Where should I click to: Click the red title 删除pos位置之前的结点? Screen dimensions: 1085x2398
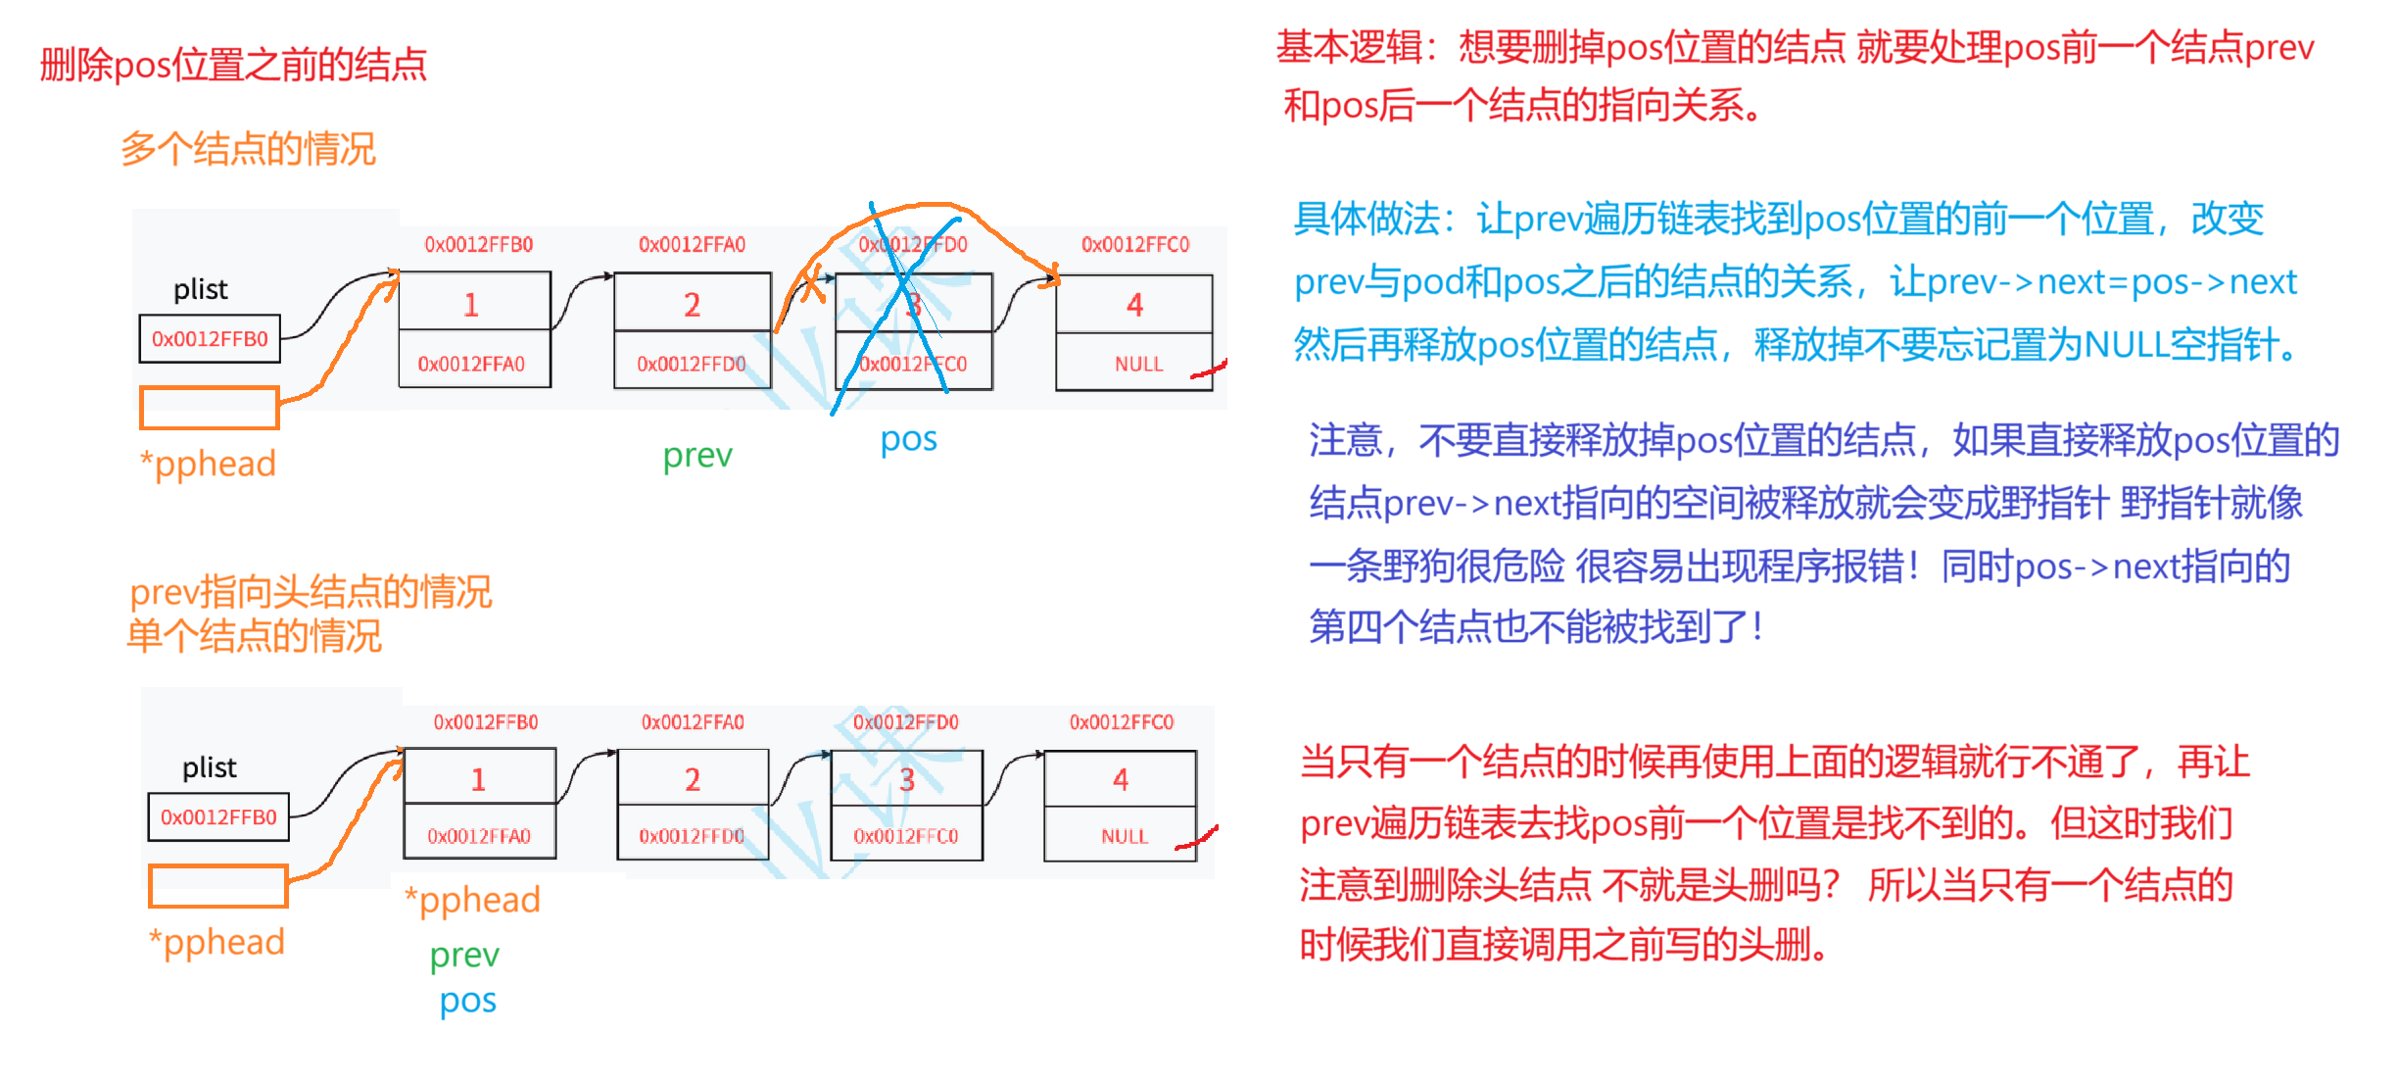(x=233, y=65)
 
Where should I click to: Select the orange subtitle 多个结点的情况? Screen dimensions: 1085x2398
(x=248, y=149)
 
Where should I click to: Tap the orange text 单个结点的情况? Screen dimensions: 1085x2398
(x=254, y=636)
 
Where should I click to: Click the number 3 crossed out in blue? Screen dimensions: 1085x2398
(x=913, y=305)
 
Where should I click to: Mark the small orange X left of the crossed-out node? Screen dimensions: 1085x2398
(x=812, y=287)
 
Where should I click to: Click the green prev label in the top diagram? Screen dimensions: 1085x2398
(x=697, y=456)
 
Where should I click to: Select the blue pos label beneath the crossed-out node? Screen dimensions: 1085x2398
(x=909, y=440)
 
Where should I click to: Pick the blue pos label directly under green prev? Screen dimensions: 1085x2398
(x=468, y=1002)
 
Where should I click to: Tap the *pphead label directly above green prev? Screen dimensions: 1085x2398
(x=473, y=900)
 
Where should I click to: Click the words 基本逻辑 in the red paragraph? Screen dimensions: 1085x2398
(x=1350, y=47)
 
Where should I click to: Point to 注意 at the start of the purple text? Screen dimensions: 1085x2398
(x=1345, y=441)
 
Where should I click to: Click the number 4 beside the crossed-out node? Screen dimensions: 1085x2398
(x=1134, y=305)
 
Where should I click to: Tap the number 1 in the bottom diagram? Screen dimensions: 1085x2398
(x=478, y=780)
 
